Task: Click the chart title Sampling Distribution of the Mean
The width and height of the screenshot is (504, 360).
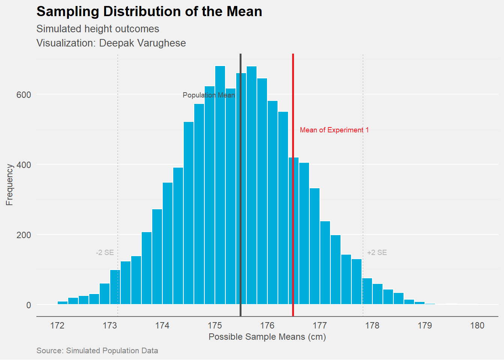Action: click(x=149, y=12)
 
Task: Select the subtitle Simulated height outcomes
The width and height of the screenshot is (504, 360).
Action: click(x=97, y=29)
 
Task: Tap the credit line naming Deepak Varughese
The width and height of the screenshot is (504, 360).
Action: click(x=111, y=43)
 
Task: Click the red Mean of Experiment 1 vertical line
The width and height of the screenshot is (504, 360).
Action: click(x=293, y=225)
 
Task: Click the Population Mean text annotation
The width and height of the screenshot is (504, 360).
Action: click(x=208, y=95)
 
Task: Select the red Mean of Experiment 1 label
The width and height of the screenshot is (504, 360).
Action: click(x=334, y=130)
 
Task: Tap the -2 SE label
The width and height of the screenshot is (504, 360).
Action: click(x=105, y=253)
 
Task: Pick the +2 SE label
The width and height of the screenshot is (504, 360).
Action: click(x=377, y=253)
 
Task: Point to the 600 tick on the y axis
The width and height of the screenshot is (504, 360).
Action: click(x=24, y=95)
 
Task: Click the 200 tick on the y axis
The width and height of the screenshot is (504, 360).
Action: click(x=24, y=235)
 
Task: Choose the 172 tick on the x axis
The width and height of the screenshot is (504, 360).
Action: click(x=57, y=325)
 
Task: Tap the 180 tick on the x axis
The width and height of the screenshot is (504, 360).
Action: click(x=477, y=325)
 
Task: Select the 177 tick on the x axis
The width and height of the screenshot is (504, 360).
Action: click(x=320, y=325)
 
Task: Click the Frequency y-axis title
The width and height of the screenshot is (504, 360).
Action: click(x=9, y=184)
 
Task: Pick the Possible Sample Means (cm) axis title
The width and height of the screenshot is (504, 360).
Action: click(x=267, y=337)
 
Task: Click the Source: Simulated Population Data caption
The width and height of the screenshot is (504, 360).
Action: click(x=97, y=351)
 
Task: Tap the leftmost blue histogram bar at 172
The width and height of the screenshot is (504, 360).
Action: click(x=63, y=303)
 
